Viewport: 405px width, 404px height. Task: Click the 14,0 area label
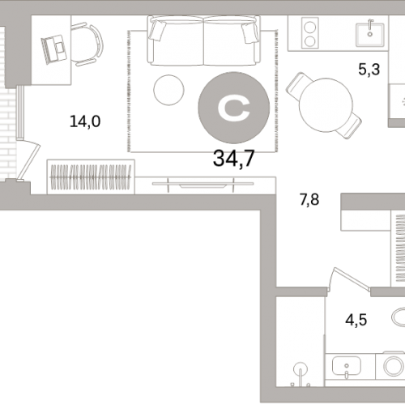tap(85, 121)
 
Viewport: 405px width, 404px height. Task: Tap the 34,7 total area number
tap(234, 159)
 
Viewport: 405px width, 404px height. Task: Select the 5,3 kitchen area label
tap(369, 69)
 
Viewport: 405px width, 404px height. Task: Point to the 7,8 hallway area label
tap(309, 200)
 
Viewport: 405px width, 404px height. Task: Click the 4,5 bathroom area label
tap(356, 320)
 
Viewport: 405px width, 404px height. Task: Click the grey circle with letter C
tap(234, 108)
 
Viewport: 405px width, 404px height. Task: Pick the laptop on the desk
tap(54, 49)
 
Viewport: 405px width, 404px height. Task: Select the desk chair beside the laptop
tap(87, 45)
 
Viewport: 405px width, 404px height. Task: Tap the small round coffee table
tap(168, 90)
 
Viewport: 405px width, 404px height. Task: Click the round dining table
tap(326, 105)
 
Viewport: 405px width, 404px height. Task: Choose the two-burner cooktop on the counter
tap(310, 33)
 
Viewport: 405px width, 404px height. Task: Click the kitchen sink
tap(370, 34)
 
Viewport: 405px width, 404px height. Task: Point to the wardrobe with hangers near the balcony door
tap(91, 176)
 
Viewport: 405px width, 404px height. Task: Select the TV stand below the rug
tap(205, 185)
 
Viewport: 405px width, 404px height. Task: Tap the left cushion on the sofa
tap(158, 31)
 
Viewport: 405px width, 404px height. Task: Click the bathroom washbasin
tap(347, 367)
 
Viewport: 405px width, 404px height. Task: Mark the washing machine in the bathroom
tap(390, 366)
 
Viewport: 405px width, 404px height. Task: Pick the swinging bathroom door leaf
tap(351, 278)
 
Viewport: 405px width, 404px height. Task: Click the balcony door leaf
tap(28, 160)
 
